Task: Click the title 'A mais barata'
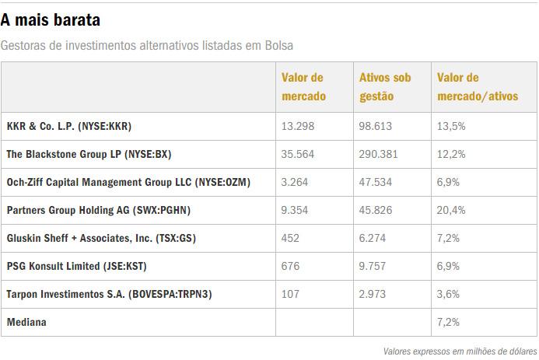tap(51, 19)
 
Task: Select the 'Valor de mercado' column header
tap(303, 87)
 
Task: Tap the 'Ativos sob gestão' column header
tap(384, 87)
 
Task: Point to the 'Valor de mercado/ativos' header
tap(477, 87)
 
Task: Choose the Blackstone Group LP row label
tap(88, 155)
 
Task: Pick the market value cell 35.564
tap(298, 155)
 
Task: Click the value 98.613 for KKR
tap(376, 126)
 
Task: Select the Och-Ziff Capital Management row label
tap(128, 183)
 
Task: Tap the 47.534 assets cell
tap(376, 183)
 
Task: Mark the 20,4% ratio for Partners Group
tap(452, 211)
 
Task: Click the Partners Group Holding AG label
tap(98, 211)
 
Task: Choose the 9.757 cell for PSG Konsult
tap(373, 267)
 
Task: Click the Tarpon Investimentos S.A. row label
tap(109, 295)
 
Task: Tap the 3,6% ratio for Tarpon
tap(449, 295)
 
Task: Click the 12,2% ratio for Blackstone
tap(452, 155)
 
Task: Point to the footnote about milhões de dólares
tap(460, 351)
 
